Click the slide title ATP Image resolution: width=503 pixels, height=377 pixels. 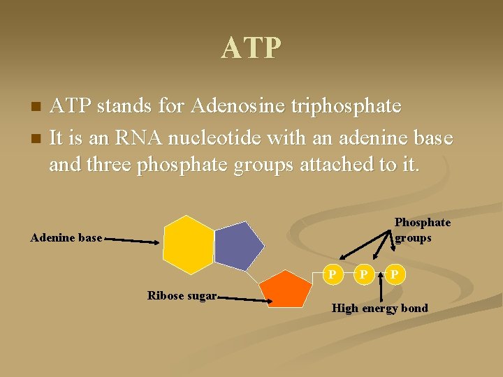[x=251, y=48]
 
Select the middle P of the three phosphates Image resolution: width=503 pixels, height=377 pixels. [x=364, y=274]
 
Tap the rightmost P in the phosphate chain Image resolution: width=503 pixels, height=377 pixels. [x=395, y=274]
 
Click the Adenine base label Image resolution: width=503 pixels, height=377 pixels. [x=66, y=238]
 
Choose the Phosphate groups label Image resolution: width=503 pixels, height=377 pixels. [x=422, y=230]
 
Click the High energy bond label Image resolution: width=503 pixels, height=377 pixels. [x=379, y=308]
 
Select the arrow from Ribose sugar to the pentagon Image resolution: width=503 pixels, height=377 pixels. [x=245, y=299]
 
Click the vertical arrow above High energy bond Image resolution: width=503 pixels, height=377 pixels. [x=380, y=288]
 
